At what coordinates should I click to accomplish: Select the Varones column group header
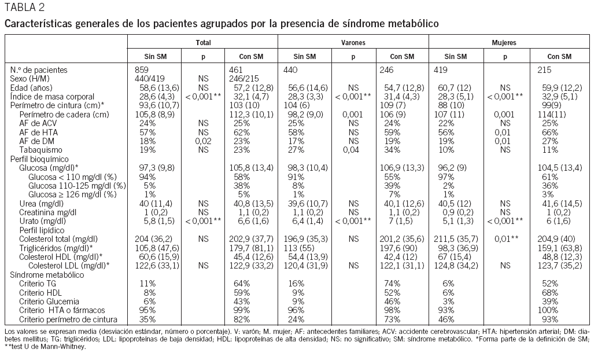[353, 43]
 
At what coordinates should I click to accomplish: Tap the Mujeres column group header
[504, 43]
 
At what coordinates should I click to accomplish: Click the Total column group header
[203, 43]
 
